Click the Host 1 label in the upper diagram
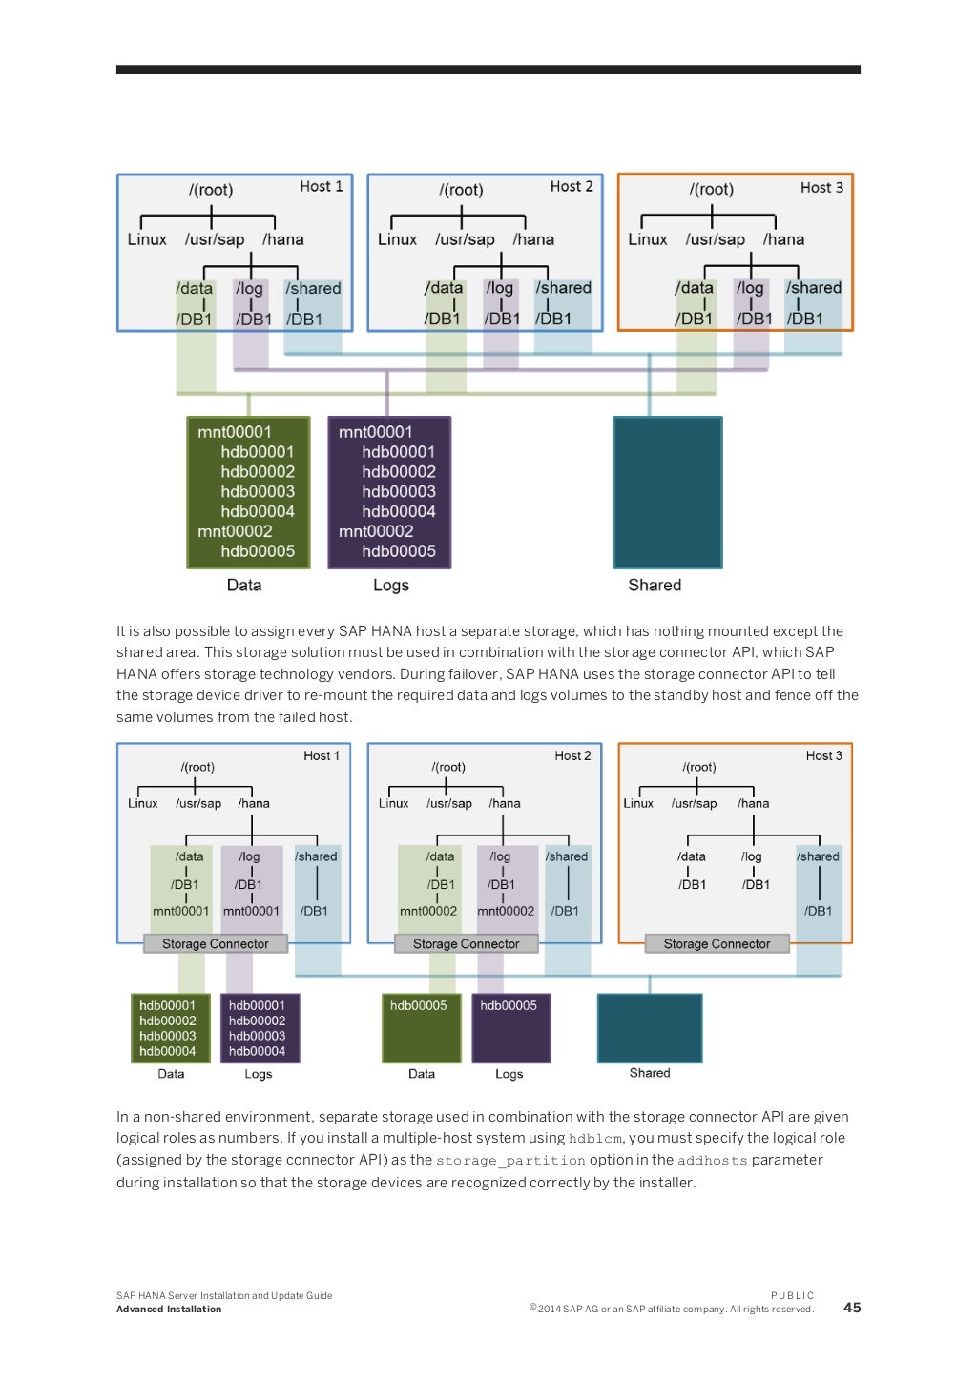point(321,187)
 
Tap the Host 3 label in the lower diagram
point(823,755)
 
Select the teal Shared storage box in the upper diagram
point(667,492)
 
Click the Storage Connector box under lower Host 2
point(466,944)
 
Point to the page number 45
point(852,1308)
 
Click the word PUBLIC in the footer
point(792,1295)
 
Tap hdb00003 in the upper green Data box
point(258,492)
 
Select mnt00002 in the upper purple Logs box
point(376,531)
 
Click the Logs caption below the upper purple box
point(391,586)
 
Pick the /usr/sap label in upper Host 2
point(465,240)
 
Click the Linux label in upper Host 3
point(647,240)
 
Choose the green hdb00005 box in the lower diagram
point(421,1027)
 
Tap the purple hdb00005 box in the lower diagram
point(510,1027)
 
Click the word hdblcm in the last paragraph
point(594,1139)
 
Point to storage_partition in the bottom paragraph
point(510,1161)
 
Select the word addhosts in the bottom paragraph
point(712,1161)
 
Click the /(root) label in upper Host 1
point(211,190)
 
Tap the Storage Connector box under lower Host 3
point(717,944)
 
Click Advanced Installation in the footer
point(169,1310)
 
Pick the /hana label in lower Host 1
point(254,804)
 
